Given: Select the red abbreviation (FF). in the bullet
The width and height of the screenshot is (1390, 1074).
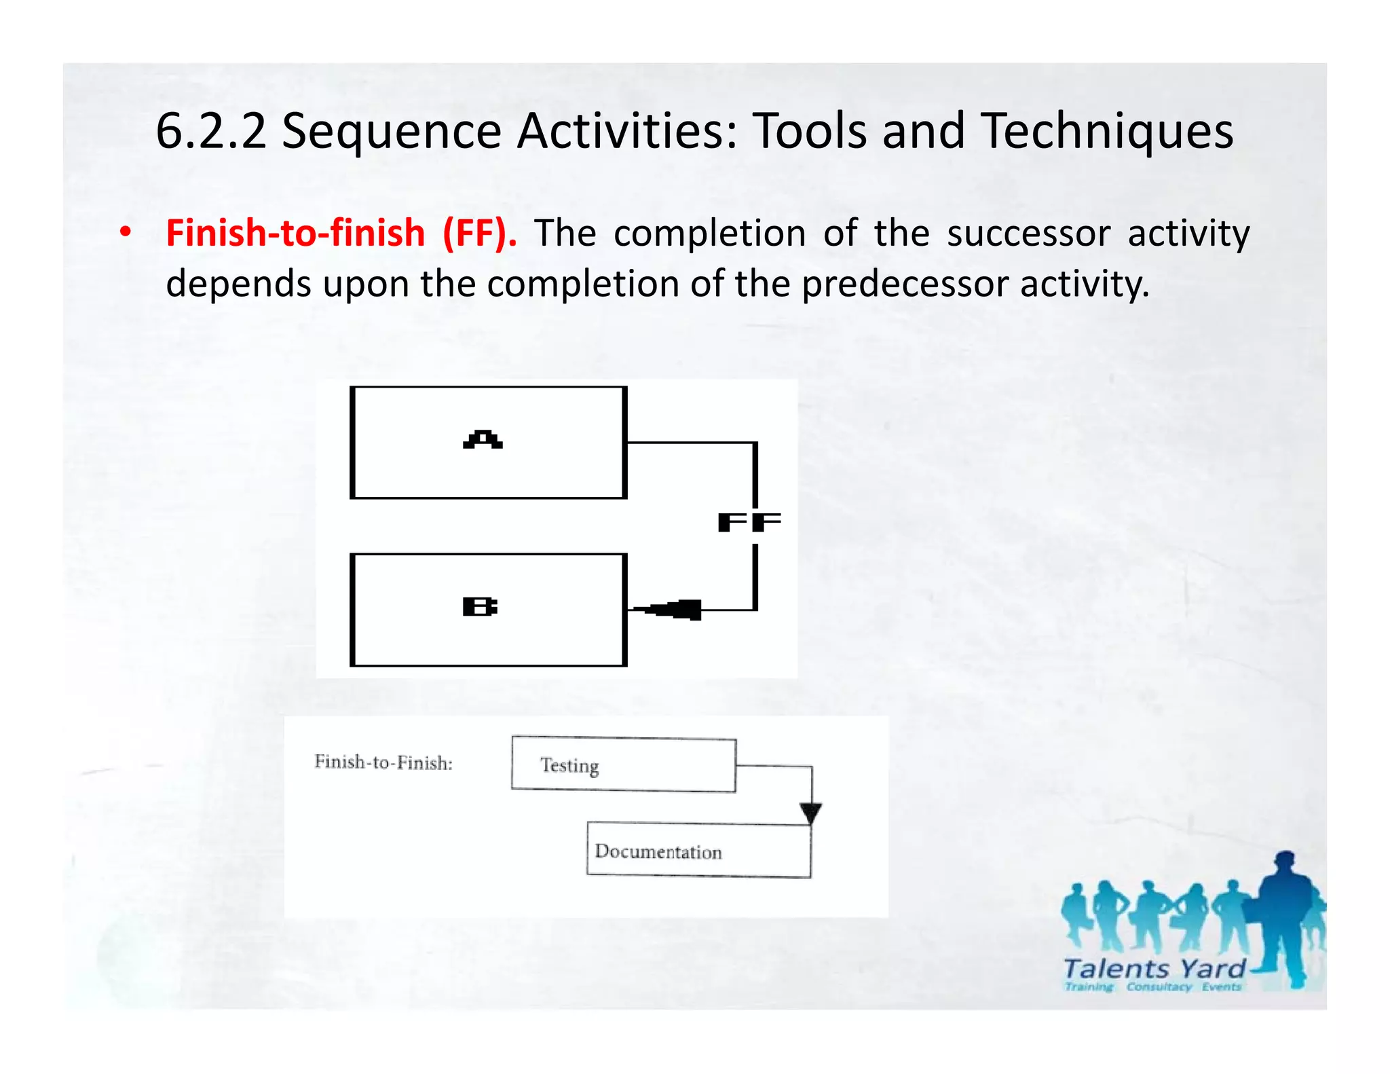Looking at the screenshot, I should [479, 233].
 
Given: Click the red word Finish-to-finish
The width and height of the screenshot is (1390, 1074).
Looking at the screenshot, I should [295, 233].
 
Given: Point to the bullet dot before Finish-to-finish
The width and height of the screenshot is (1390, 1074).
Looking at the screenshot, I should [125, 233].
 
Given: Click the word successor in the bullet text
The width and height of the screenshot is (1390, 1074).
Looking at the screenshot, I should [1028, 233].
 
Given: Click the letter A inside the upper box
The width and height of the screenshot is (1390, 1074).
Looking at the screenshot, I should [483, 440].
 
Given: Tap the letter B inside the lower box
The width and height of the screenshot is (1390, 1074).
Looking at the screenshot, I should [480, 606].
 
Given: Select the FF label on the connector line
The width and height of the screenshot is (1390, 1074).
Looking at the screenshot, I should [749, 522].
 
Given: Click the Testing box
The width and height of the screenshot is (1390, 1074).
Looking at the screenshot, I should [623, 765].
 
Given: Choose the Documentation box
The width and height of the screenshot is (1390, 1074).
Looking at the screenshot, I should [698, 851].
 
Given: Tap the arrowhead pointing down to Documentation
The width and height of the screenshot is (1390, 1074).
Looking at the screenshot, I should [810, 813].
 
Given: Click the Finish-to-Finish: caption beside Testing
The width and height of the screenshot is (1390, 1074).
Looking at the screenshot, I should [383, 763].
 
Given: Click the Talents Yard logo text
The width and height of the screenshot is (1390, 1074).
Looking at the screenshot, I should [1154, 969].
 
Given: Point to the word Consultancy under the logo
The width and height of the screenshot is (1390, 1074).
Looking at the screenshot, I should [1159, 986].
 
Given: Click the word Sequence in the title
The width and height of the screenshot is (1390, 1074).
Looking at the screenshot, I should [391, 131].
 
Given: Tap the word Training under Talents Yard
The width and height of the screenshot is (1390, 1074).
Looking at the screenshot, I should [1089, 986].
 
